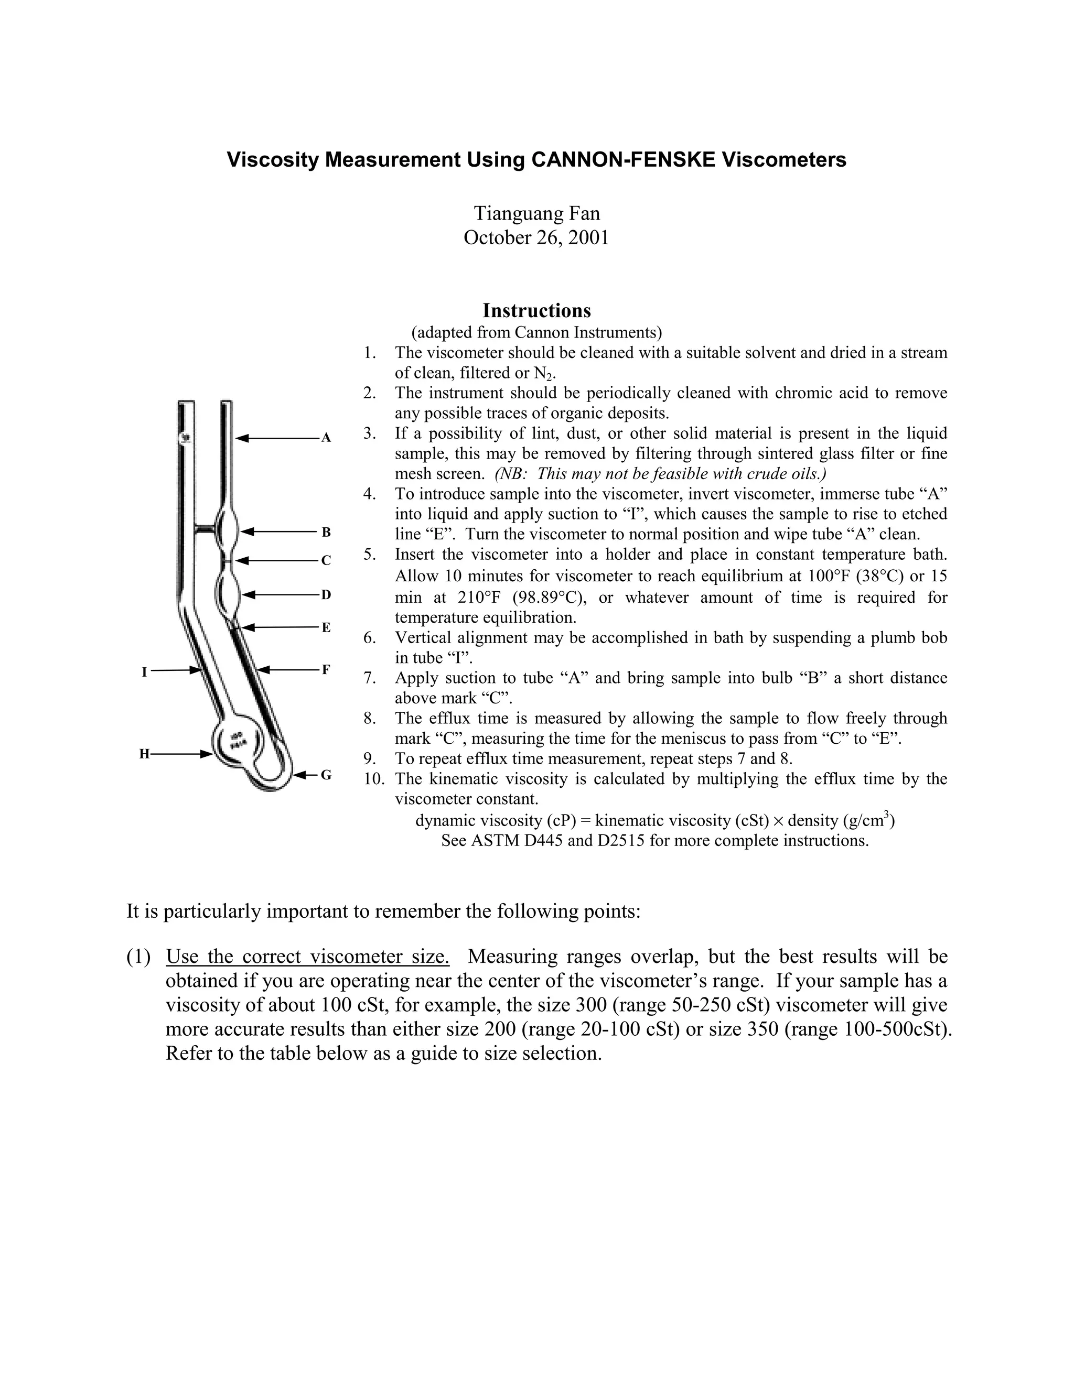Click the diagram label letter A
click(326, 438)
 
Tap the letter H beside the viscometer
click(144, 754)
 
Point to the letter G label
click(326, 775)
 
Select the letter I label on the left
click(144, 671)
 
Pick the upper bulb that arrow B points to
click(228, 530)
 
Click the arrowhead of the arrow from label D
click(248, 595)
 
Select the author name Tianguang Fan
click(537, 212)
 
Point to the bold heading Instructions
click(536, 310)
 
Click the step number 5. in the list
click(370, 554)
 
